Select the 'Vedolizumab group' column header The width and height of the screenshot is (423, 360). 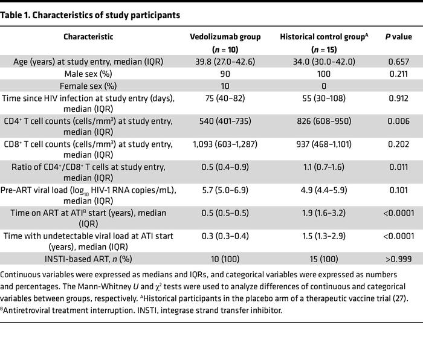(225, 37)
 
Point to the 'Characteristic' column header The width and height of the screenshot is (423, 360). (88, 37)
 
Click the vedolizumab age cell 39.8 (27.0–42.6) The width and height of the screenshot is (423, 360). (225, 62)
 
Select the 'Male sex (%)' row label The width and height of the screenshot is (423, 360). (88, 74)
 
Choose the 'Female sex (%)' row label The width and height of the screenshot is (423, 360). (88, 86)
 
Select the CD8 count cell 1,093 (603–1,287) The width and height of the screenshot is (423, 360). (225, 146)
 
